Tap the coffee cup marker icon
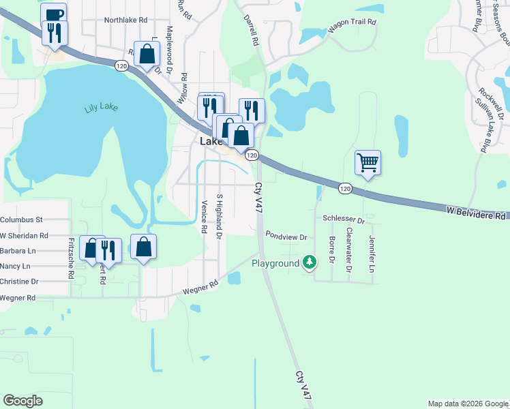pos(53,14)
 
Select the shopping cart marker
pos(367,162)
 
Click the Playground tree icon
pos(310,262)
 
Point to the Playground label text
pos(275,263)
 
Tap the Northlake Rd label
pos(125,20)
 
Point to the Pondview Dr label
pos(287,237)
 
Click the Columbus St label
pos(21,219)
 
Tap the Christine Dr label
pos(19,281)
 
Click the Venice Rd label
pos(204,217)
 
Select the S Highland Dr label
pos(219,216)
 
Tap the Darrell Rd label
pos(254,31)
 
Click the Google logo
pos(22,401)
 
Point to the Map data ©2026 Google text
pos(468,404)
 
